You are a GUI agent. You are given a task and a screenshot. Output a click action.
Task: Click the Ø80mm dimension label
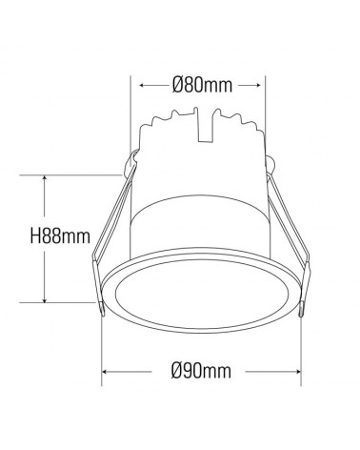(203, 86)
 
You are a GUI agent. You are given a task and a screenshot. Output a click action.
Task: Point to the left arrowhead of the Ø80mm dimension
(144, 86)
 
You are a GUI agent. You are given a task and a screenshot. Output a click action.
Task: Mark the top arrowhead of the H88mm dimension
(44, 178)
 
